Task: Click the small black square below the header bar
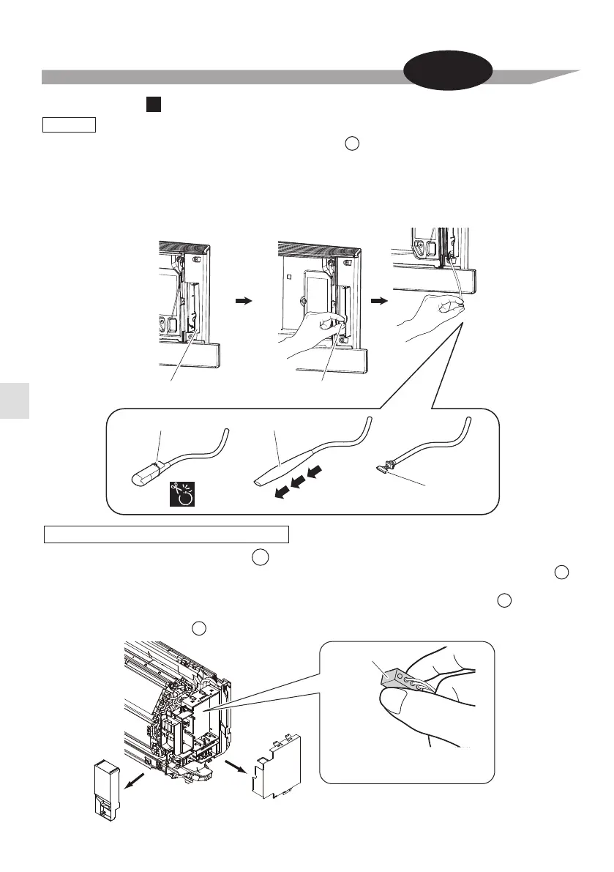152,106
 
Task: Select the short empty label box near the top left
69,124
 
